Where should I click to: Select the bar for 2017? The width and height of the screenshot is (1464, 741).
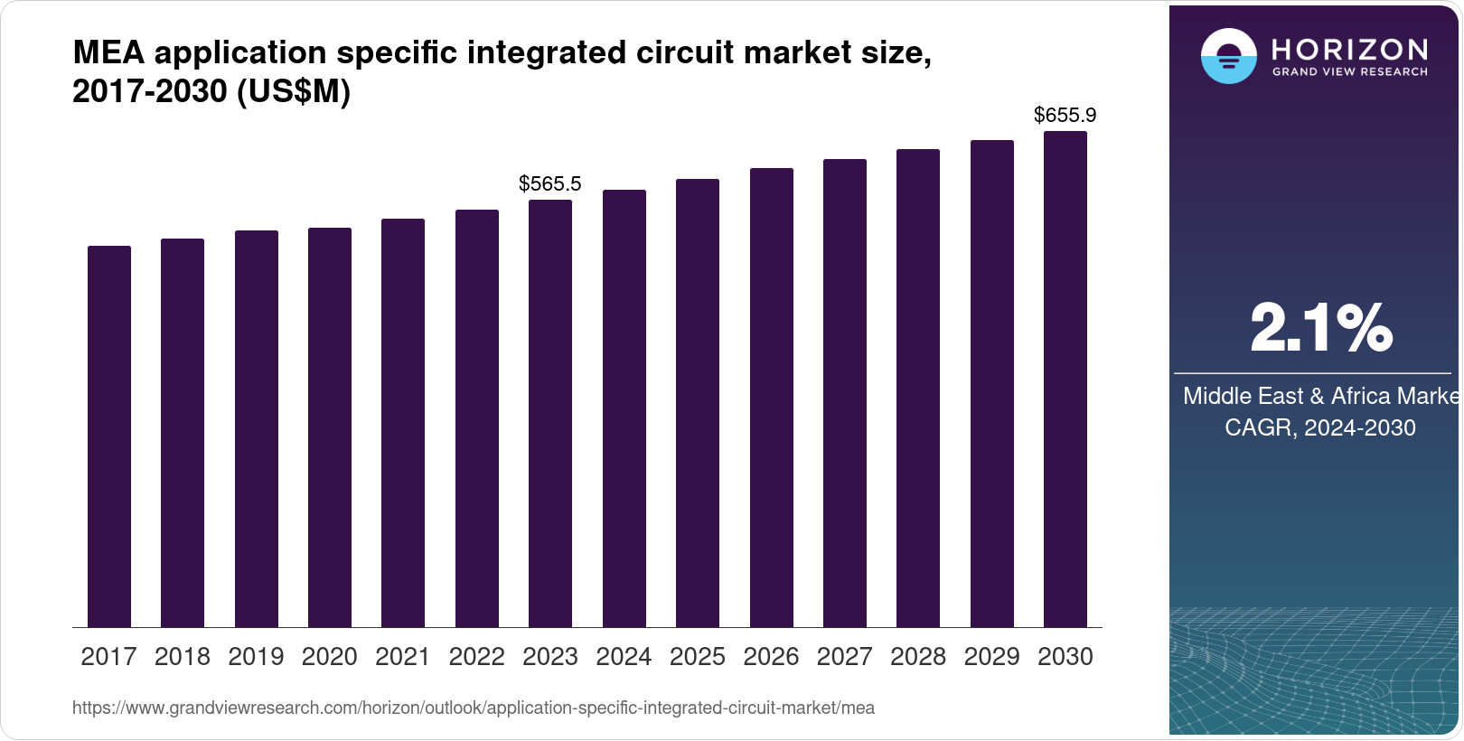109,436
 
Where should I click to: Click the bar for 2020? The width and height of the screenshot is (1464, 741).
330,427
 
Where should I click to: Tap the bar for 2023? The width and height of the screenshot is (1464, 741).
550,414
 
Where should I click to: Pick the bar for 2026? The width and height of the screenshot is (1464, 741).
772,398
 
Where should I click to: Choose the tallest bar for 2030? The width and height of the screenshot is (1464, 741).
1065,380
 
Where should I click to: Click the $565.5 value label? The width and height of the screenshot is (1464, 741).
550,184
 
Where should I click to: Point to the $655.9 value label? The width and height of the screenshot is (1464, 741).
1065,116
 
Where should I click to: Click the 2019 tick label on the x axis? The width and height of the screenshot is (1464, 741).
256,657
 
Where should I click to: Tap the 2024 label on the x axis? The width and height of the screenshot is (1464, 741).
624,657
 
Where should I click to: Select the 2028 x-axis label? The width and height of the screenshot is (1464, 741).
918,657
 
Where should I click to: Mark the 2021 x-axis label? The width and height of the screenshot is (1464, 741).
403,657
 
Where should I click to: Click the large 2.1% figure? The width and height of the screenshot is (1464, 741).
1320,329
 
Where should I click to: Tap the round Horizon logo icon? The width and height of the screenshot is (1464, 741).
1228,57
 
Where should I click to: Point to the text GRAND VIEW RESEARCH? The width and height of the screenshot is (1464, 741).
1350,71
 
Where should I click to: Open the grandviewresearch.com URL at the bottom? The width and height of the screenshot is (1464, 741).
474,708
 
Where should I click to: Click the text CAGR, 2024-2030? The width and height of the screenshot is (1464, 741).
1320,427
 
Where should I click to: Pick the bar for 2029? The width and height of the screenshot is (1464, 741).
992,384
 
